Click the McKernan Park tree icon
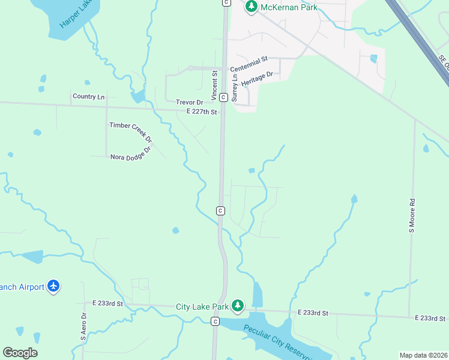click(x=252, y=7)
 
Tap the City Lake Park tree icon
click(x=238, y=306)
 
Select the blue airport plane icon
click(x=53, y=286)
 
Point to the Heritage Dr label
click(x=257, y=79)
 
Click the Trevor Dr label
click(x=189, y=103)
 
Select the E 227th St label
click(x=201, y=112)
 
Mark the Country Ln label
click(x=88, y=97)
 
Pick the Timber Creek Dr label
click(x=131, y=133)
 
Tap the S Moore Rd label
click(x=412, y=216)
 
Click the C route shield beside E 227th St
click(x=223, y=97)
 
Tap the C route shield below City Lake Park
click(x=215, y=322)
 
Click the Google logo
click(x=20, y=353)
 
